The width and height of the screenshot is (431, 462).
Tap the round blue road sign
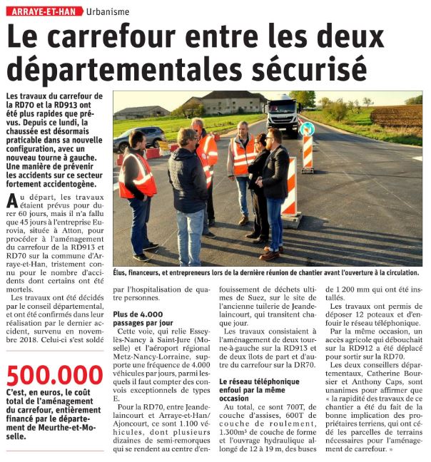coord(307,129)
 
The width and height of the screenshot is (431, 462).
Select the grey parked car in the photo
coord(131,138)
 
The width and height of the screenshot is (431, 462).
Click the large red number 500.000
coord(54,375)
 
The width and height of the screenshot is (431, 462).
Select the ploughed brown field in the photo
coord(395,115)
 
